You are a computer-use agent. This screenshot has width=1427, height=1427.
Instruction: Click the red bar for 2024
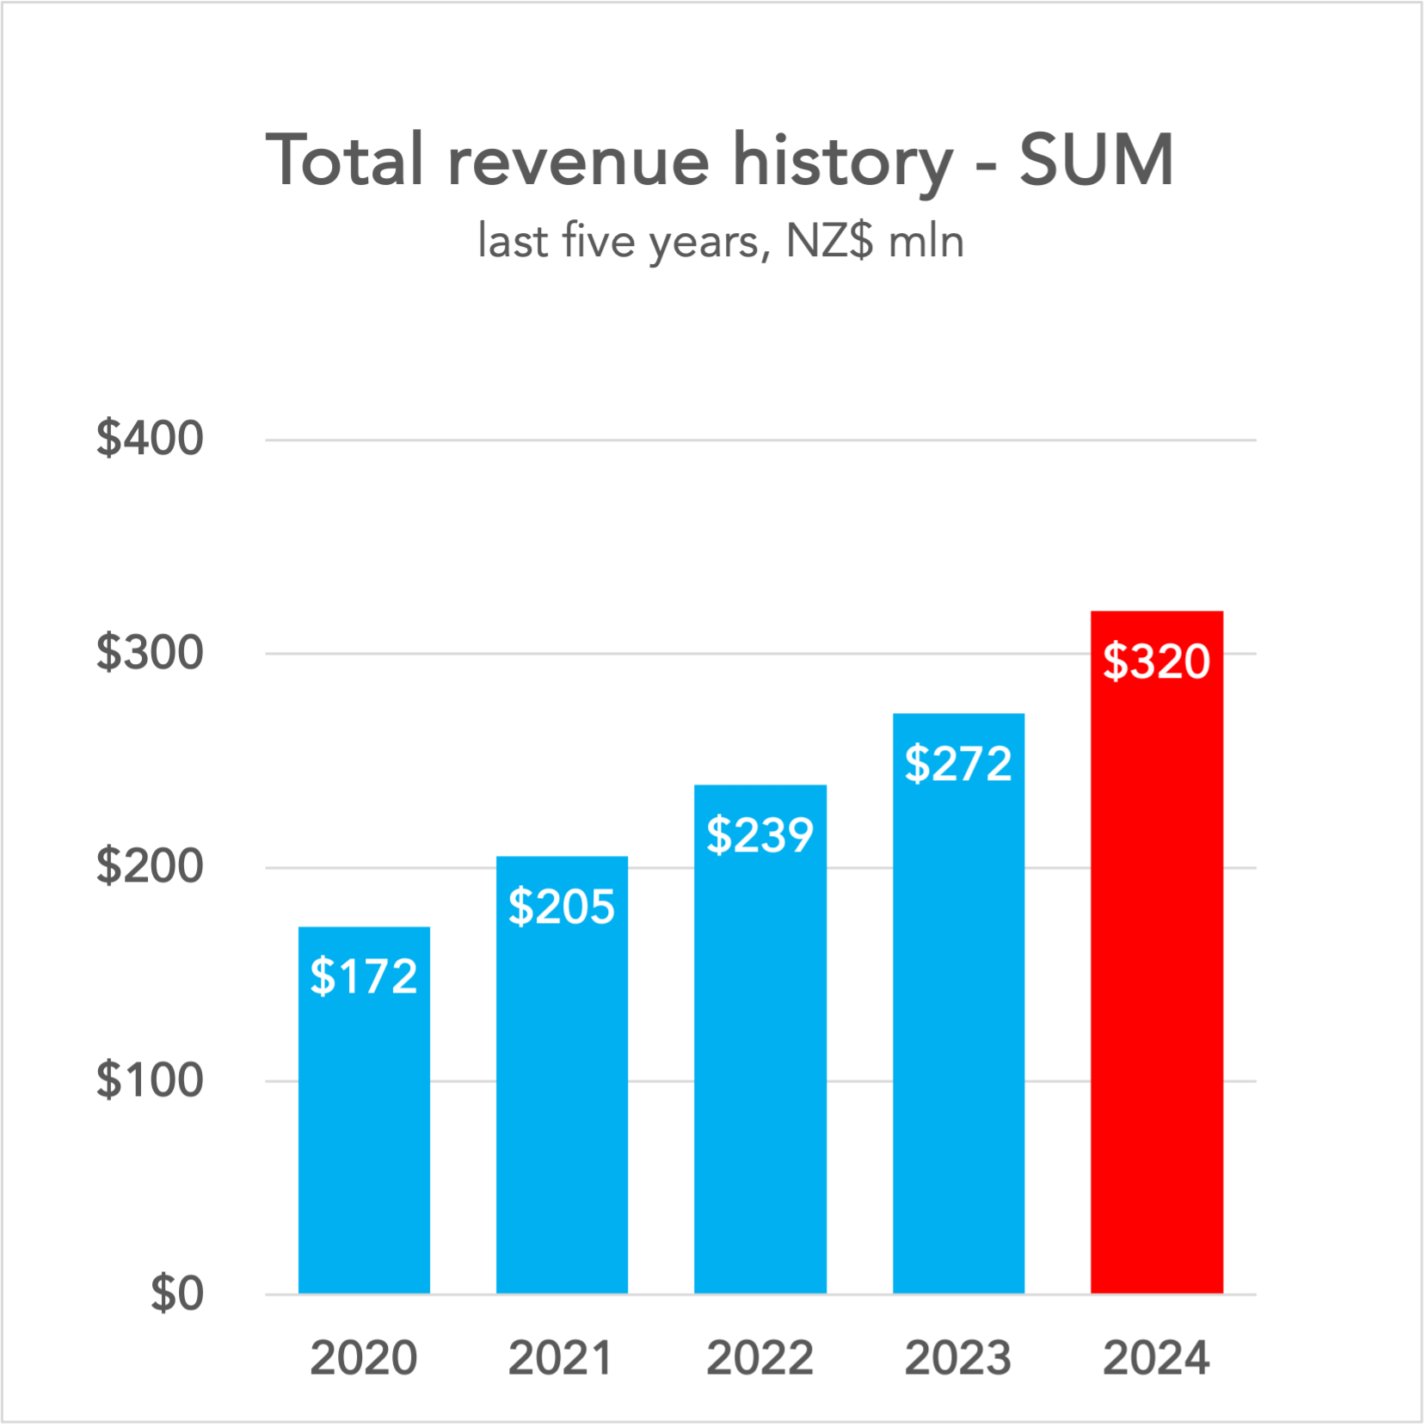(1156, 989)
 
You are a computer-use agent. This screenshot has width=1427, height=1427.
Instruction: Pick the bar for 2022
(760, 1075)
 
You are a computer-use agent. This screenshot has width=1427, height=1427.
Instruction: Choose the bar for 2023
(958, 1032)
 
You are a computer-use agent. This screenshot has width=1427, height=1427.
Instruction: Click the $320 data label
(1156, 661)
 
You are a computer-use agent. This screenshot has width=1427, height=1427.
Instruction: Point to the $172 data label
(364, 976)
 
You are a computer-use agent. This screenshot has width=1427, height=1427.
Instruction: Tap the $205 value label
(562, 907)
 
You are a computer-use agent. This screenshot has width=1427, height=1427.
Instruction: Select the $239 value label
(760, 835)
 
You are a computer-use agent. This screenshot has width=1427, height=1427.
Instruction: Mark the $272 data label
(958, 764)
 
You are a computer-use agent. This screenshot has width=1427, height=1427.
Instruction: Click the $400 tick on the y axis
(150, 439)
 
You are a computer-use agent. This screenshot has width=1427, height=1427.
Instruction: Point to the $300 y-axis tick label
(150, 653)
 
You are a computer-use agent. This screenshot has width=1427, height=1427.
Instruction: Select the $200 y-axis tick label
(150, 866)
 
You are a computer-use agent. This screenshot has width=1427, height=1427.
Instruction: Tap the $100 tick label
(150, 1080)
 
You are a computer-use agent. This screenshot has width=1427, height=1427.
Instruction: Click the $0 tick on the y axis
(177, 1294)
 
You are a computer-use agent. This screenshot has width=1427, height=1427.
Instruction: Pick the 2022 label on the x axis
(760, 1358)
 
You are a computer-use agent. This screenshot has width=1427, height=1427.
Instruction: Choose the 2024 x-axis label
(1156, 1358)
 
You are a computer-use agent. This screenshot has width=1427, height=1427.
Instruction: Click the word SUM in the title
(1097, 161)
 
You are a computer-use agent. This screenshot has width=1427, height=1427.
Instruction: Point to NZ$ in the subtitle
(829, 242)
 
